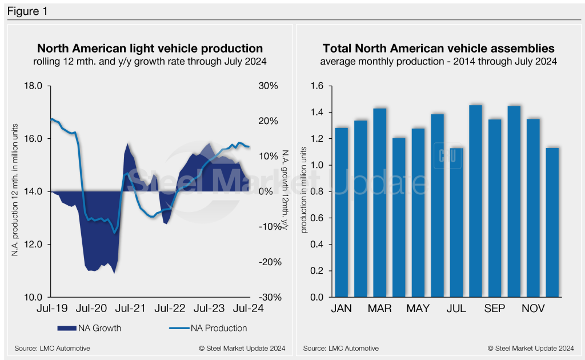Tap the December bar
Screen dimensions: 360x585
[x=552, y=223]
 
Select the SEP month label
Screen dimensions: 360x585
[x=495, y=309]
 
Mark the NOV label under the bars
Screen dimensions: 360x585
[x=534, y=309]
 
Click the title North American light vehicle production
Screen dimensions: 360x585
[x=150, y=49]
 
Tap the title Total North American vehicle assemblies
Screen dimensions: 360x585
[x=438, y=49]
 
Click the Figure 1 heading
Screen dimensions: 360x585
[x=27, y=11]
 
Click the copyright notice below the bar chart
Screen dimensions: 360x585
[x=530, y=348]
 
